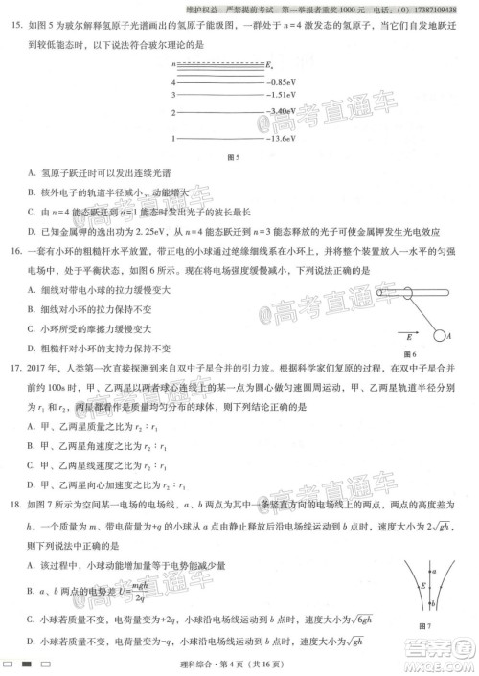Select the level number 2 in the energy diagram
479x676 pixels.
[x=173, y=113]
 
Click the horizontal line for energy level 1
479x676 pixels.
[x=220, y=139]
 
